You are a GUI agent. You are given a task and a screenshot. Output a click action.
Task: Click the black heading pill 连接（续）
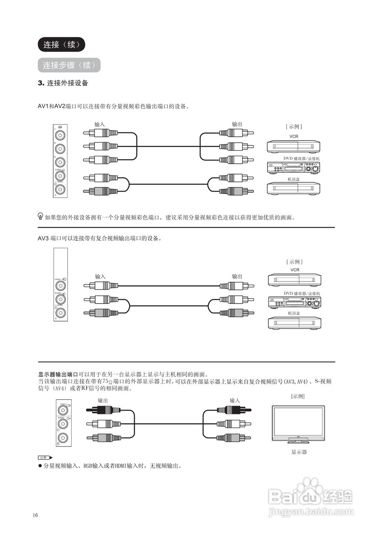(61, 45)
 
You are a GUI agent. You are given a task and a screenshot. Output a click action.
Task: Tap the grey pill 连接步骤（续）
(69, 65)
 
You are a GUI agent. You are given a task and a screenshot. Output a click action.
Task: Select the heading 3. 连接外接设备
(63, 83)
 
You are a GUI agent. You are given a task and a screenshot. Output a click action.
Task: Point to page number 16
(35, 516)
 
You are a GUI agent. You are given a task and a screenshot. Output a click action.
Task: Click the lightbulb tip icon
(40, 216)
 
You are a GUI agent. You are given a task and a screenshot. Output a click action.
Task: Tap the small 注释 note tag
(45, 458)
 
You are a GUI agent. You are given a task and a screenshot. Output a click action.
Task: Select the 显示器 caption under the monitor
(299, 452)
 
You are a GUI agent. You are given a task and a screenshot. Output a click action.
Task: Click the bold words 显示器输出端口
(58, 374)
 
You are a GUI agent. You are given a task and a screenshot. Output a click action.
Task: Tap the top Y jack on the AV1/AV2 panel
(61, 135)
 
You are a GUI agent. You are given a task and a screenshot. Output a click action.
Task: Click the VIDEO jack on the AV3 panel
(61, 286)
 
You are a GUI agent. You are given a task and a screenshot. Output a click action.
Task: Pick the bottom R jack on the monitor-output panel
(62, 437)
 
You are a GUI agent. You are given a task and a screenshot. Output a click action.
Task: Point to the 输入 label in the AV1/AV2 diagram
(99, 124)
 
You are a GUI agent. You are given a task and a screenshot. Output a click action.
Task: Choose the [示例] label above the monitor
(298, 396)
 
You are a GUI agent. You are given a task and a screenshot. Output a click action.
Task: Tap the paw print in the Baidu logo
(308, 487)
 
